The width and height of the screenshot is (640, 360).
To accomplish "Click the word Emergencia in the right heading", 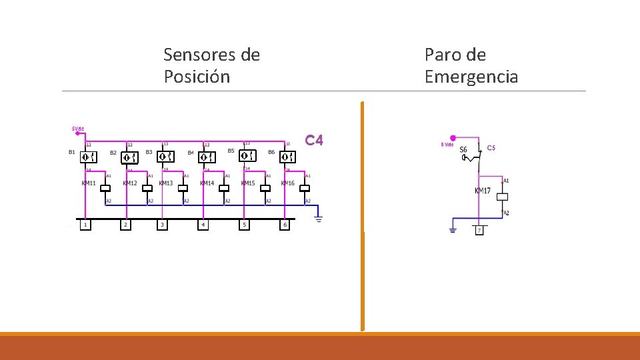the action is (x=471, y=77).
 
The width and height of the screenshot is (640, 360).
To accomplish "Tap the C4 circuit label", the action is (x=314, y=141).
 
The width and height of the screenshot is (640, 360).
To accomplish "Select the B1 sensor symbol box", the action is (x=89, y=157).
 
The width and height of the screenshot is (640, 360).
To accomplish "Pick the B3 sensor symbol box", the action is (x=165, y=157).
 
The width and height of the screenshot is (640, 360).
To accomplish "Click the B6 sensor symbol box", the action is (x=287, y=157).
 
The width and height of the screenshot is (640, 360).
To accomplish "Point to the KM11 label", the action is (x=89, y=183).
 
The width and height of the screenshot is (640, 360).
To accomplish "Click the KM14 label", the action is (x=207, y=183).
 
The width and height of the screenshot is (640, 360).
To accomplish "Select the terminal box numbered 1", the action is (x=85, y=225).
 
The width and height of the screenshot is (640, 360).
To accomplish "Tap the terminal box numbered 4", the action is (x=203, y=225).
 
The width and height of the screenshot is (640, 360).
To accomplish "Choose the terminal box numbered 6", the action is (x=285, y=225).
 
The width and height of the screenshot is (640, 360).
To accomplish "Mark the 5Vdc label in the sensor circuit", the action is (x=78, y=129).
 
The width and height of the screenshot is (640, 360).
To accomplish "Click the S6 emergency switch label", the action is (x=463, y=149).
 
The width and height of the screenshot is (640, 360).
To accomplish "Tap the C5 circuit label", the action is (x=491, y=147).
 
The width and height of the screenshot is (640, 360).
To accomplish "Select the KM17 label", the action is (x=483, y=191).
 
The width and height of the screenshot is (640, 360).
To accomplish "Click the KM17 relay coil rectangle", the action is (x=504, y=197).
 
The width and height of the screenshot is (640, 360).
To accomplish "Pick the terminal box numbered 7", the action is (x=479, y=230).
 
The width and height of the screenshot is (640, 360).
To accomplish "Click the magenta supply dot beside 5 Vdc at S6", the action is (x=453, y=138).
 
